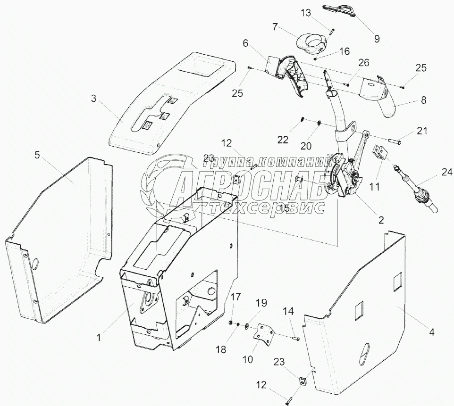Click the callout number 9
377,38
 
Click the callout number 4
431,331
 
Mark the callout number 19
261,302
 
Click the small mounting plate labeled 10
263,333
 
